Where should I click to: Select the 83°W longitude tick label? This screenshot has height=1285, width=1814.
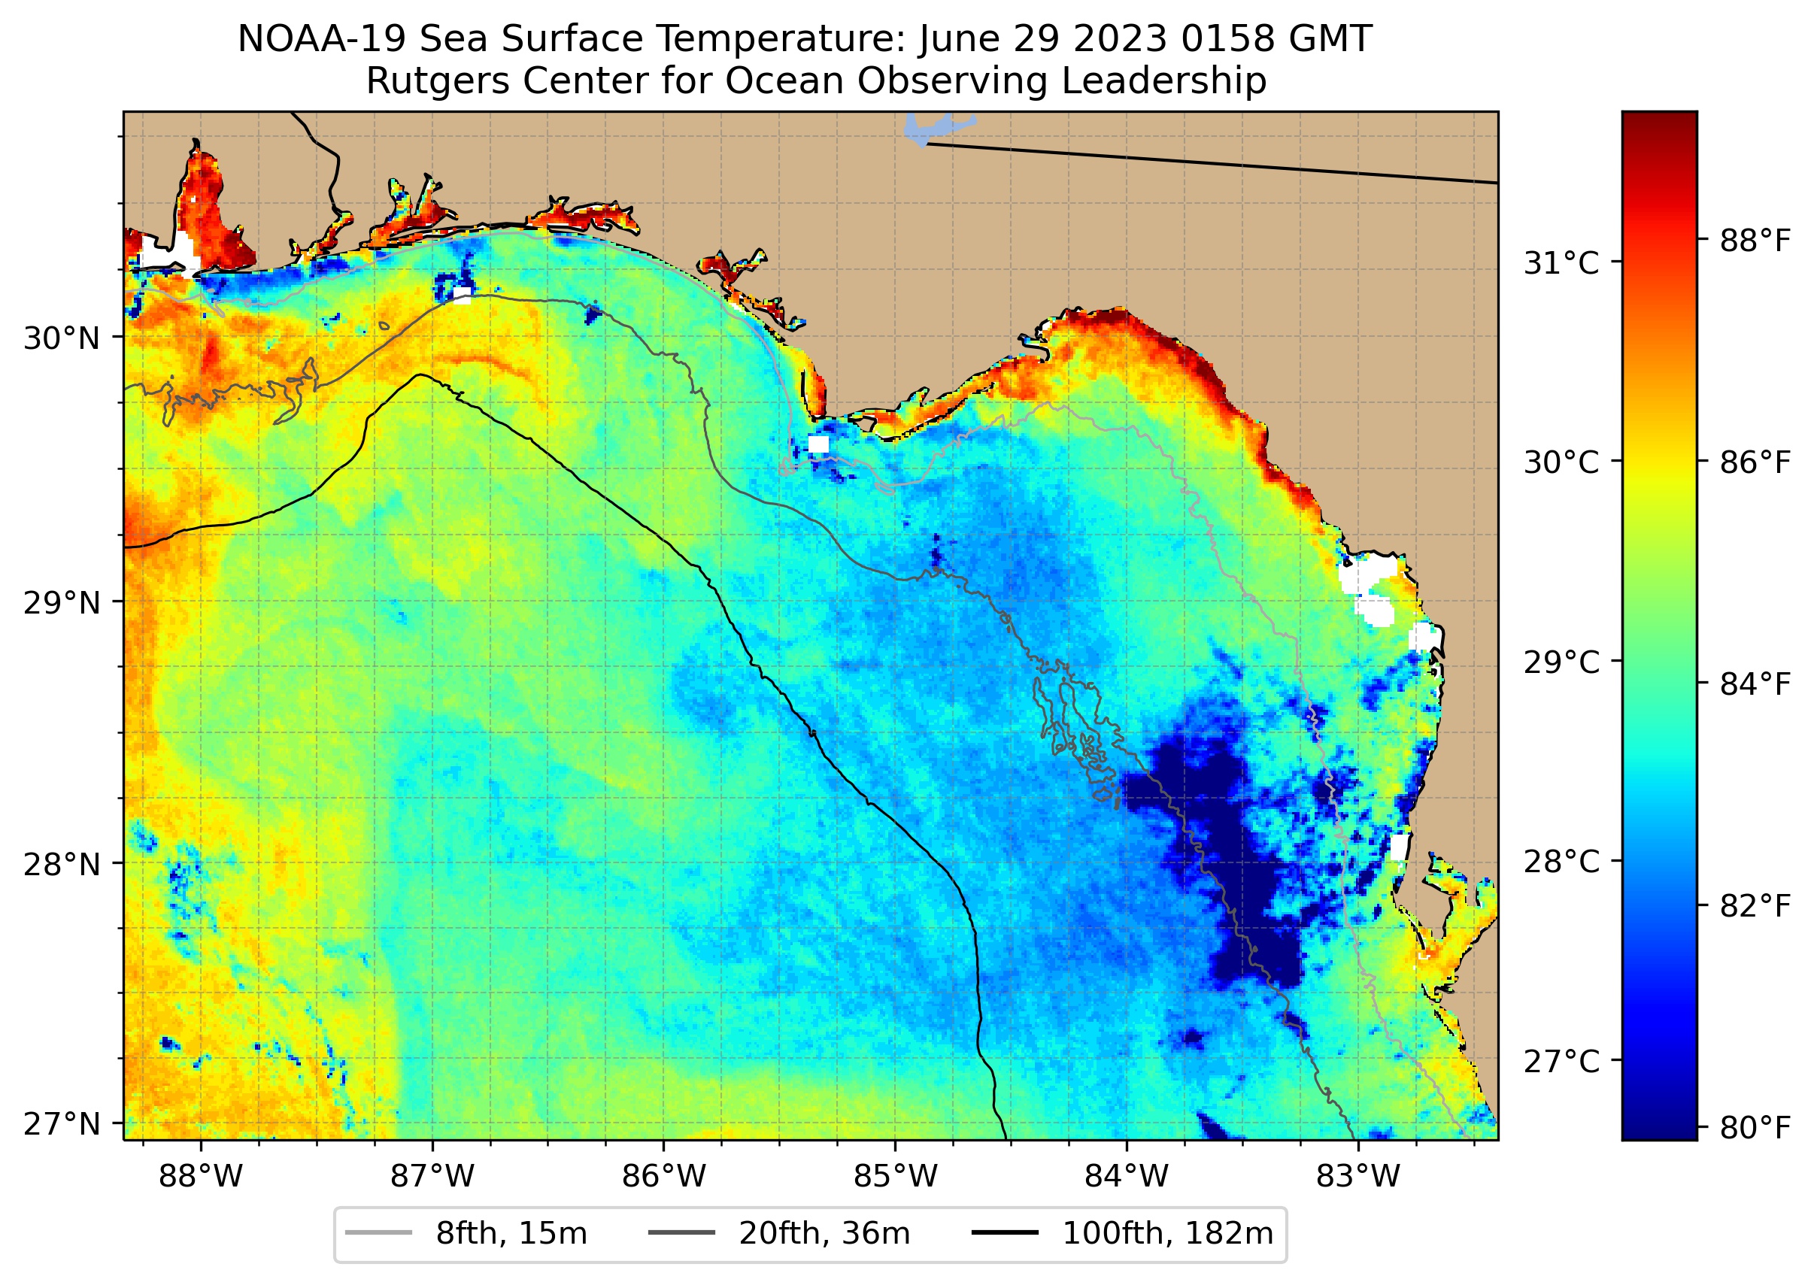point(1358,1177)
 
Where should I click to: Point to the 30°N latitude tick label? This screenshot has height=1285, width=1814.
point(62,338)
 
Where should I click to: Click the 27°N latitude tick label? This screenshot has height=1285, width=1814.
point(62,1123)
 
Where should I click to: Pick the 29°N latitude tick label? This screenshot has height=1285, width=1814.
point(62,603)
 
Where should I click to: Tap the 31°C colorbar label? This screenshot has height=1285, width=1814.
point(1561,262)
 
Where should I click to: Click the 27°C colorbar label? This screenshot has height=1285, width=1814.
point(1561,1061)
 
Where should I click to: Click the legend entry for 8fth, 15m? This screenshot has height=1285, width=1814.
point(511,1234)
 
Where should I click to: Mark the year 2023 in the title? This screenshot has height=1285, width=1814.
point(1124,39)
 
